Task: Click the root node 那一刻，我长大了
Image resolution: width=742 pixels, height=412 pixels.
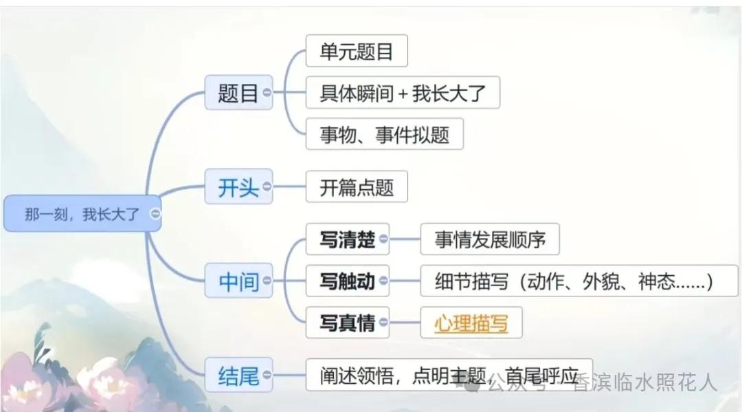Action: tap(82, 214)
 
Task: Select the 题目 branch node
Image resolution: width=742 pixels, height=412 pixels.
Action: tap(238, 92)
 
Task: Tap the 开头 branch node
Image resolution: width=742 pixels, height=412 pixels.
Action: tap(238, 186)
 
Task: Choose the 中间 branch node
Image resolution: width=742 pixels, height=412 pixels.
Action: tap(238, 281)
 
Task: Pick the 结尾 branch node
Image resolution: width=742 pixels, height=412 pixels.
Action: tap(238, 375)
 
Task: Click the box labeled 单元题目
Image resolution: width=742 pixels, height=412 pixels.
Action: tap(357, 51)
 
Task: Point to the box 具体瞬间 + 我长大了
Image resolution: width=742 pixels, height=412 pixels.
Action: tap(403, 92)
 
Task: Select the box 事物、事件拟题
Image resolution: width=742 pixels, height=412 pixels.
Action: tap(385, 134)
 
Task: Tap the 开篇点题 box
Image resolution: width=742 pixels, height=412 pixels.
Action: tap(357, 186)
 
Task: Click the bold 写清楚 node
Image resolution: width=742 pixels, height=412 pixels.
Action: tap(348, 239)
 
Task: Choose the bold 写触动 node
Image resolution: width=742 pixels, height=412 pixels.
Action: tap(348, 281)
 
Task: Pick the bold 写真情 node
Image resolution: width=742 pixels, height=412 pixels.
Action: tap(348, 323)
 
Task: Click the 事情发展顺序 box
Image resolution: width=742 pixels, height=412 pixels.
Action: tap(490, 239)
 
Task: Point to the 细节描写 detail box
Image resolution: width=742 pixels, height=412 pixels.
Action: tap(579, 281)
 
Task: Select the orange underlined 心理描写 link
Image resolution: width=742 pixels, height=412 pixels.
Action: tap(471, 323)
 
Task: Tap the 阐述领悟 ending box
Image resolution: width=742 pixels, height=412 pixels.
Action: tap(449, 375)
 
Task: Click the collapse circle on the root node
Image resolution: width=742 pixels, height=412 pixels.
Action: tap(155, 214)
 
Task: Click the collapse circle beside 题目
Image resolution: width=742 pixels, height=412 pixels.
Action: tap(267, 92)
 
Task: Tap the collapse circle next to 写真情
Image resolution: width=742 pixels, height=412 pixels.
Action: tap(383, 323)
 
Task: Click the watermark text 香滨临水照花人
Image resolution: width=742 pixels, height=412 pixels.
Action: tap(645, 382)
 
